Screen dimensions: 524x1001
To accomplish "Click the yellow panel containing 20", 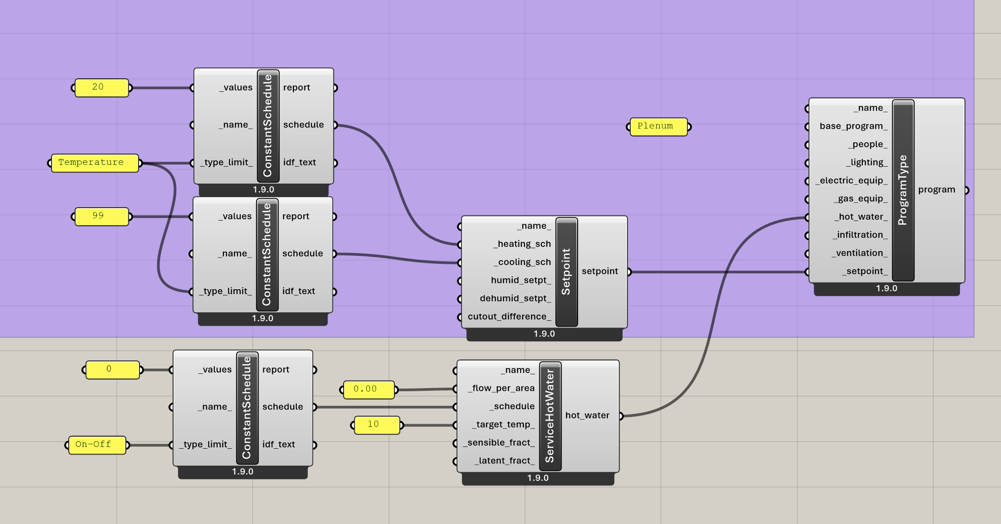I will point(102,87).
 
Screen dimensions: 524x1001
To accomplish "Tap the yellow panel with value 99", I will point(102,216).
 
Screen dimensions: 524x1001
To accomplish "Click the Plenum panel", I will point(658,127).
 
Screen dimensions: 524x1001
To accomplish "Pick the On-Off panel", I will point(97,445).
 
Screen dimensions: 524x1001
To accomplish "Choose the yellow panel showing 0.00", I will point(368,389).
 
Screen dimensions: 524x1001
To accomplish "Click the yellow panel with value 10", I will point(377,425).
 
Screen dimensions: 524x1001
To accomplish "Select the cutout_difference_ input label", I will point(509,316).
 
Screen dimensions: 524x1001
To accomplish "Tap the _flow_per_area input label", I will point(501,388).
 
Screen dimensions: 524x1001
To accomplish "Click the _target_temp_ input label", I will point(503,425).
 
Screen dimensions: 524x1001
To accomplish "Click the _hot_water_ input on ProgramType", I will point(861,217).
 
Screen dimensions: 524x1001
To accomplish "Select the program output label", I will point(936,190).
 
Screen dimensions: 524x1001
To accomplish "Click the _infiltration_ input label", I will point(860,235).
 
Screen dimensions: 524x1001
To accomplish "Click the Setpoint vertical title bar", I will point(566,272).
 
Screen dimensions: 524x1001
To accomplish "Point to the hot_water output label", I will point(587,416).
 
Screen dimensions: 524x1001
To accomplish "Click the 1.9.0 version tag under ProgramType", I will point(886,289).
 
